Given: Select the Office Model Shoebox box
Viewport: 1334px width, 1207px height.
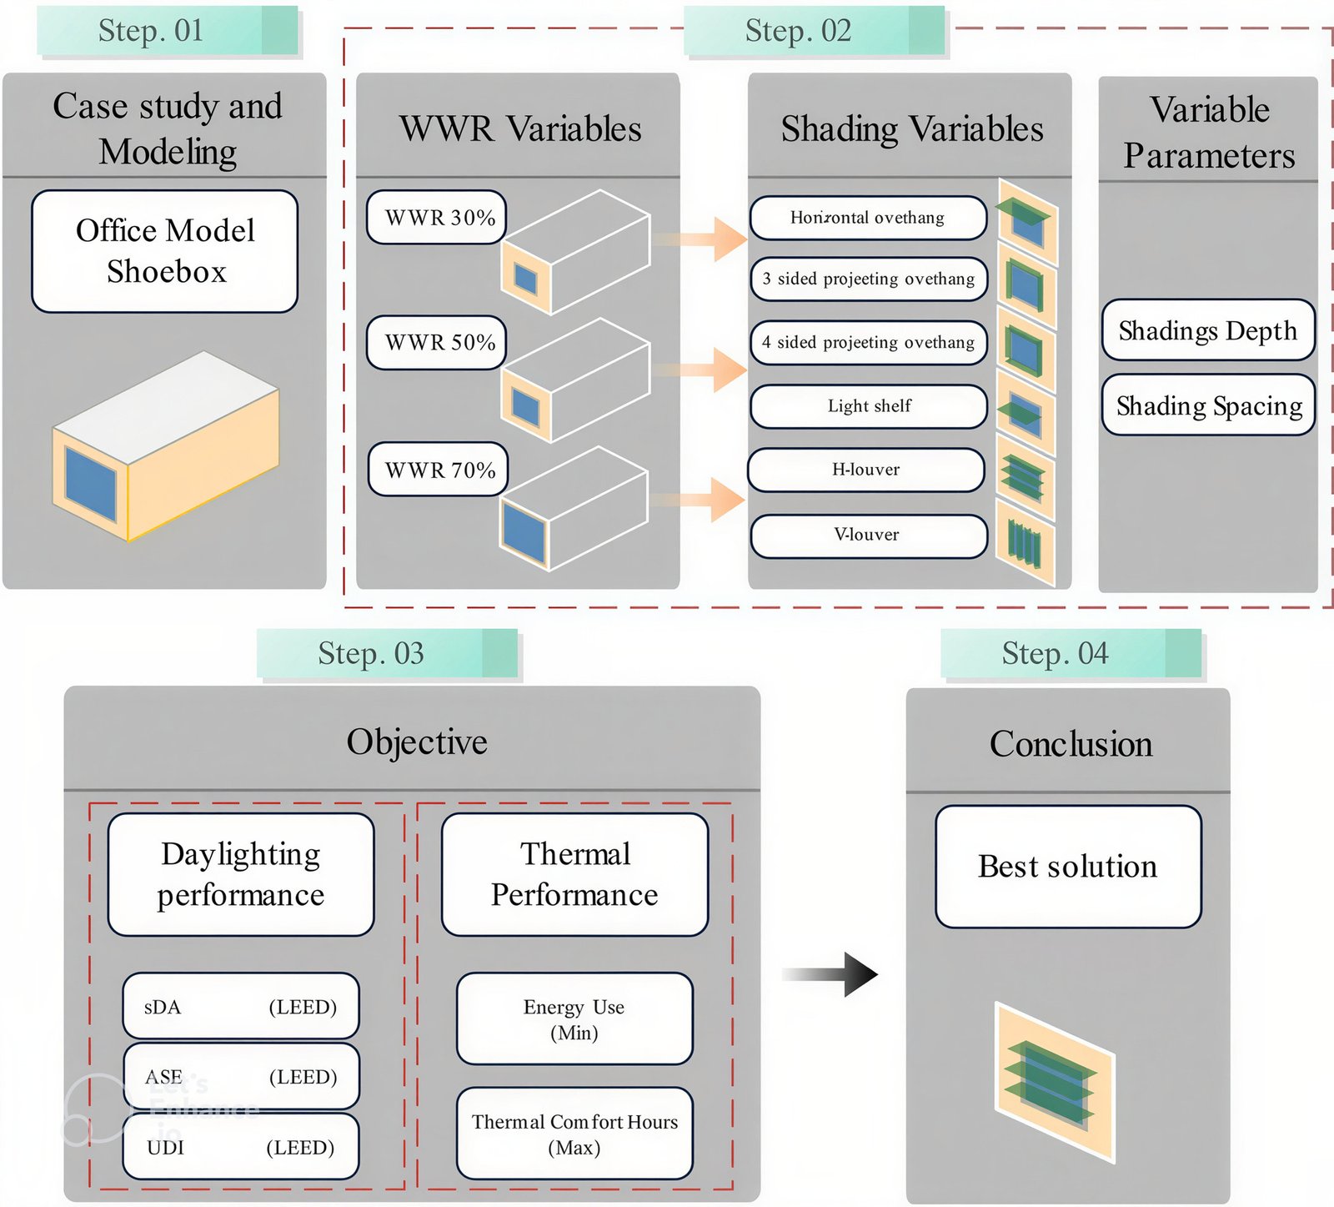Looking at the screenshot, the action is pyautogui.click(x=165, y=251).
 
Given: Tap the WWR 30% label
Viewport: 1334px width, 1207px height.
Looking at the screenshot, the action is pyautogui.click(x=437, y=218).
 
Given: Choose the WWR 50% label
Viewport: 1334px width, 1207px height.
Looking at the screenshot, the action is pyautogui.click(x=437, y=342).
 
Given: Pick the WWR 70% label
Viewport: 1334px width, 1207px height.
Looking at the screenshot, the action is pyautogui.click(x=439, y=470).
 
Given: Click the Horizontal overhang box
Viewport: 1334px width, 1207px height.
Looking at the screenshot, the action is pyautogui.click(x=868, y=218).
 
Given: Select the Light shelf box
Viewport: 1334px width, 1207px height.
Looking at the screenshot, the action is pyautogui.click(x=869, y=406).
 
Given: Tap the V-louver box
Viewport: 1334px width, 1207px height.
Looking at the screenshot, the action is pyautogui.click(x=868, y=535).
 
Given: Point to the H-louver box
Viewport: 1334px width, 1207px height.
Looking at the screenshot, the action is pyautogui.click(x=866, y=470).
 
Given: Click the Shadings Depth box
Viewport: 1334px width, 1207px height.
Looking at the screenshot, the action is pyautogui.click(x=1208, y=330).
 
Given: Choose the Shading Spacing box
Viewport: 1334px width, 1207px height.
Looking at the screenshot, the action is pyautogui.click(x=1208, y=405).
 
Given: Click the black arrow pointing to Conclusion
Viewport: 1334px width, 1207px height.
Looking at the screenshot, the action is pyautogui.click(x=830, y=974).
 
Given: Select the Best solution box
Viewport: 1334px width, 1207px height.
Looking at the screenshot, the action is pyautogui.click(x=1068, y=867).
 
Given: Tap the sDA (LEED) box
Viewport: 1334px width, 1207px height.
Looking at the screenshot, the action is pyautogui.click(x=241, y=1006).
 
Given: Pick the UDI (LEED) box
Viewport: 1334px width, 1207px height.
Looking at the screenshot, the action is pyautogui.click(x=241, y=1147).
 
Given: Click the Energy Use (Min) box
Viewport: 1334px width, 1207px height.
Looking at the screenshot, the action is pyautogui.click(x=574, y=1018).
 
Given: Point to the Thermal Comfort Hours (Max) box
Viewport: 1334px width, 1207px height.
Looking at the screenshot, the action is pyautogui.click(x=574, y=1134).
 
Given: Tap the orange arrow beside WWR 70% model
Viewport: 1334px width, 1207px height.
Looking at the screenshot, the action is pyautogui.click(x=697, y=500).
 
